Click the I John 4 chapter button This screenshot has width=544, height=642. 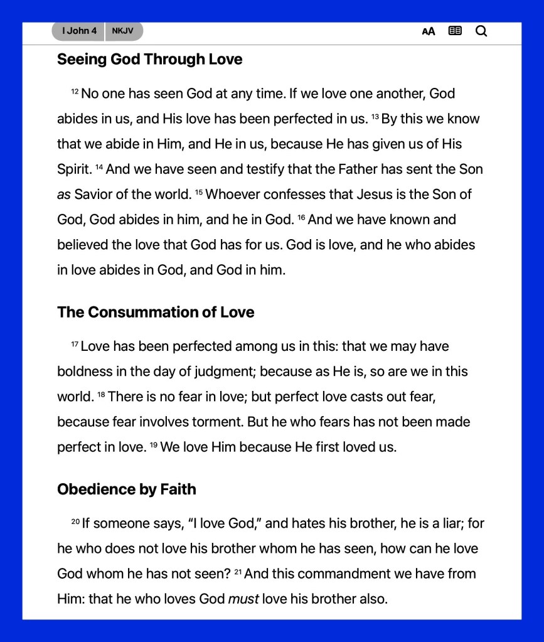pyautogui.click(x=78, y=31)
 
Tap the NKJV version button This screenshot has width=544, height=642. pyautogui.click(x=123, y=31)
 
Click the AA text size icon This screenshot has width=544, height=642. pyautogui.click(x=429, y=31)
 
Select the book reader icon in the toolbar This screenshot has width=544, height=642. pyautogui.click(x=455, y=31)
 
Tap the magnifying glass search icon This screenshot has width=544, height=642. pyautogui.click(x=481, y=31)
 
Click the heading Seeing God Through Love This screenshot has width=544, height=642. pyautogui.click(x=149, y=60)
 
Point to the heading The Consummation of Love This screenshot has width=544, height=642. pyautogui.click(x=156, y=313)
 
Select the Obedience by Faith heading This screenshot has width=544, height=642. pyautogui.click(x=127, y=490)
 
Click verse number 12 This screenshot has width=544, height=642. pyautogui.click(x=75, y=92)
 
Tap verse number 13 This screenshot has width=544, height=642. pyautogui.click(x=375, y=117)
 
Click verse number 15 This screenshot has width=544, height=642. pyautogui.click(x=199, y=193)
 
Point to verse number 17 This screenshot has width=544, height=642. pyautogui.click(x=75, y=345)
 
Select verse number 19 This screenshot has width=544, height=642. pyautogui.click(x=153, y=446)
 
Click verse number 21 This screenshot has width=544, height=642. pyautogui.click(x=238, y=572)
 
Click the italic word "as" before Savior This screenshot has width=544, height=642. pyautogui.click(x=64, y=195)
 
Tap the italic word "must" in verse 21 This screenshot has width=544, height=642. pyautogui.click(x=243, y=599)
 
